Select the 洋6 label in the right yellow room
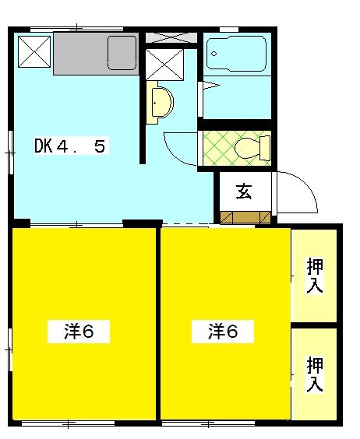[222, 332]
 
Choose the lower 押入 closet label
[315, 374]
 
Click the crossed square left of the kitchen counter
[34, 52]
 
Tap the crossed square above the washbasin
[164, 64]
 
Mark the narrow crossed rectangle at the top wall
[171, 37]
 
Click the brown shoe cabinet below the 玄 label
[244, 217]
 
